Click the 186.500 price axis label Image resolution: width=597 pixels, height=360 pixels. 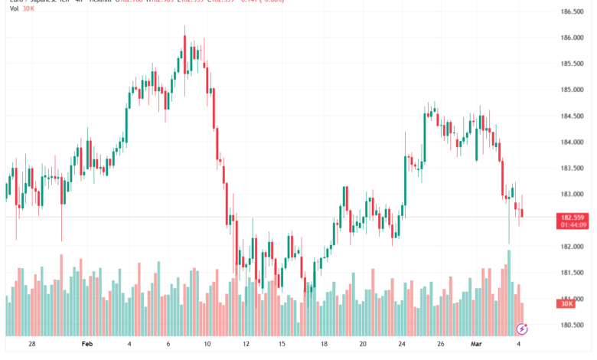[x=572, y=11]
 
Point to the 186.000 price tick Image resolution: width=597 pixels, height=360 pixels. [x=572, y=38]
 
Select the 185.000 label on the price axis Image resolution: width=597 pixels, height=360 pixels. [x=572, y=90]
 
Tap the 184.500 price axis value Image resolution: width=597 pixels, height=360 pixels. [x=572, y=116]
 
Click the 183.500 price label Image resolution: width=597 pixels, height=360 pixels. [x=572, y=169]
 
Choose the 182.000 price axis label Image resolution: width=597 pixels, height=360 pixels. [x=572, y=247]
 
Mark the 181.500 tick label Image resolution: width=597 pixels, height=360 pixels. [x=572, y=273]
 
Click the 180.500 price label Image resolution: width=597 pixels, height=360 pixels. [x=572, y=325]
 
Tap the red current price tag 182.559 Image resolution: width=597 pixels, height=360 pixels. [x=573, y=218]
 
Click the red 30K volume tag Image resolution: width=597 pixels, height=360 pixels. [x=567, y=304]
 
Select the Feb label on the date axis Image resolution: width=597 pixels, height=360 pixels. [x=86, y=345]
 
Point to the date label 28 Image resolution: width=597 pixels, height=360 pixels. [x=31, y=345]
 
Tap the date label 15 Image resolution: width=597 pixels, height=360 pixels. [x=282, y=345]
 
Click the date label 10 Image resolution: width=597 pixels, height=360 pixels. [x=207, y=345]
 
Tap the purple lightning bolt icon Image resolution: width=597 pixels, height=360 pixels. [x=522, y=329]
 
